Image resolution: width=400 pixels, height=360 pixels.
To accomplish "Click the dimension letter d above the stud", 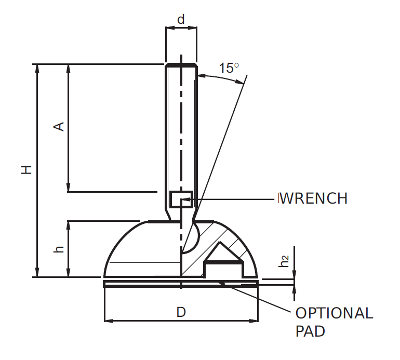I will tap(181, 20).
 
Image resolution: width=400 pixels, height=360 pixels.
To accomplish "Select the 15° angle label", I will tap(228, 68).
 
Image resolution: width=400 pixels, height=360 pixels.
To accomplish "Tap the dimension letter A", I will tap(59, 126).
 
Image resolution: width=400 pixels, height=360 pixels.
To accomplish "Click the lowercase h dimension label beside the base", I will tap(59, 249).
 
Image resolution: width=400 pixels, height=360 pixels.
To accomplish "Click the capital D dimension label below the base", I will tap(181, 312).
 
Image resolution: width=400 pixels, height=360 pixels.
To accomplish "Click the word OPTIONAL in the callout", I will tap(334, 313).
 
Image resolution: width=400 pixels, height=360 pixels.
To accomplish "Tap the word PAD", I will tap(310, 331).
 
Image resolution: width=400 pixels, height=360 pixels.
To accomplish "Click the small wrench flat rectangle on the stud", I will tap(181, 199).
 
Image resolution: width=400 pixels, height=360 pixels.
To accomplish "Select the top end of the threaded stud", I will tap(181, 65).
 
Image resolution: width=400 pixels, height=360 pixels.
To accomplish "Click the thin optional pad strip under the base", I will tap(156, 284).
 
